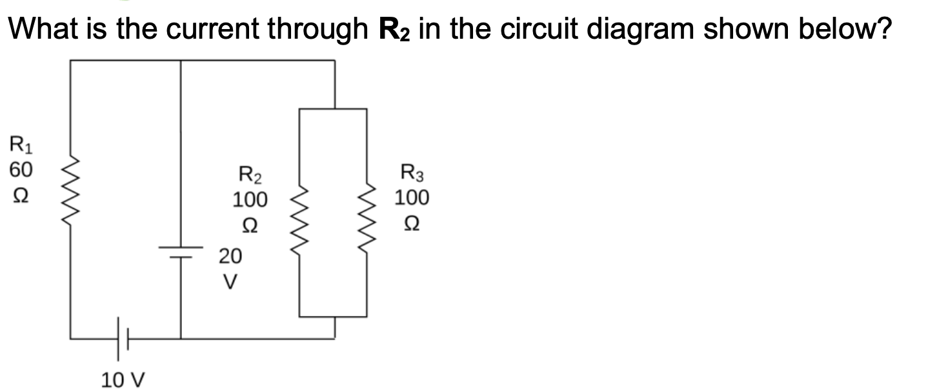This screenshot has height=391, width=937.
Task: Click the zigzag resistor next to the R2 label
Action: point(300,219)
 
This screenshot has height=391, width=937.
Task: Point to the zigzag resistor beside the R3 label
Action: point(367,219)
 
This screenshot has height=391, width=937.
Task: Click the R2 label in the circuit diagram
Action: point(250,175)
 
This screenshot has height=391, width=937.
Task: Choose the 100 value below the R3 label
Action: point(411,197)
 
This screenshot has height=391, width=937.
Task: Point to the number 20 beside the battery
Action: point(230,257)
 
